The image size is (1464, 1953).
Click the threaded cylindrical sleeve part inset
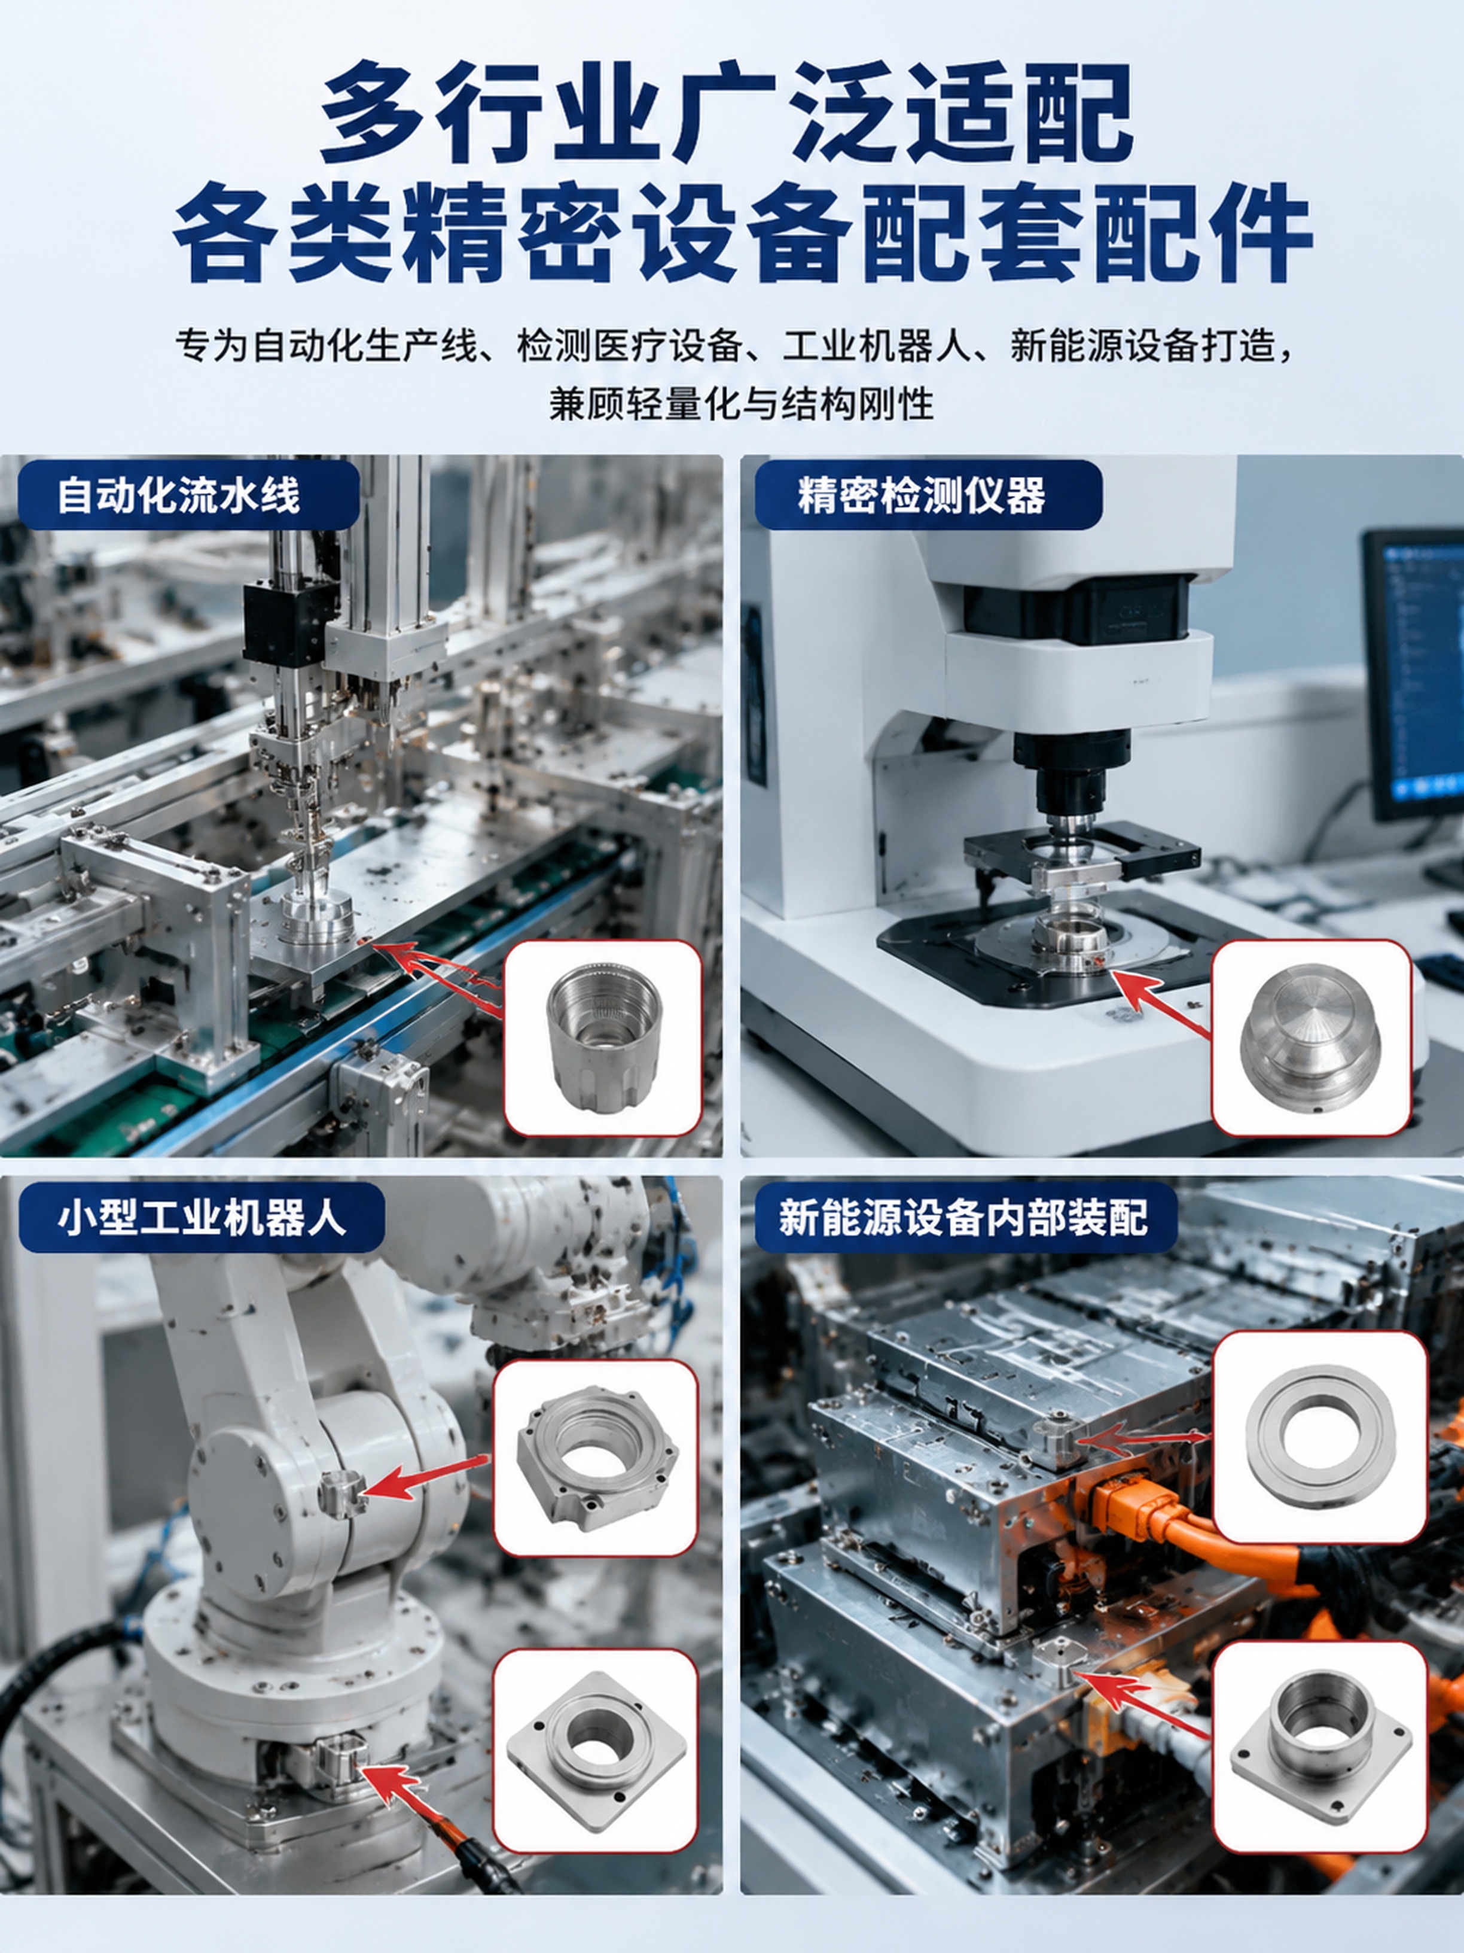(x=603, y=1038)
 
